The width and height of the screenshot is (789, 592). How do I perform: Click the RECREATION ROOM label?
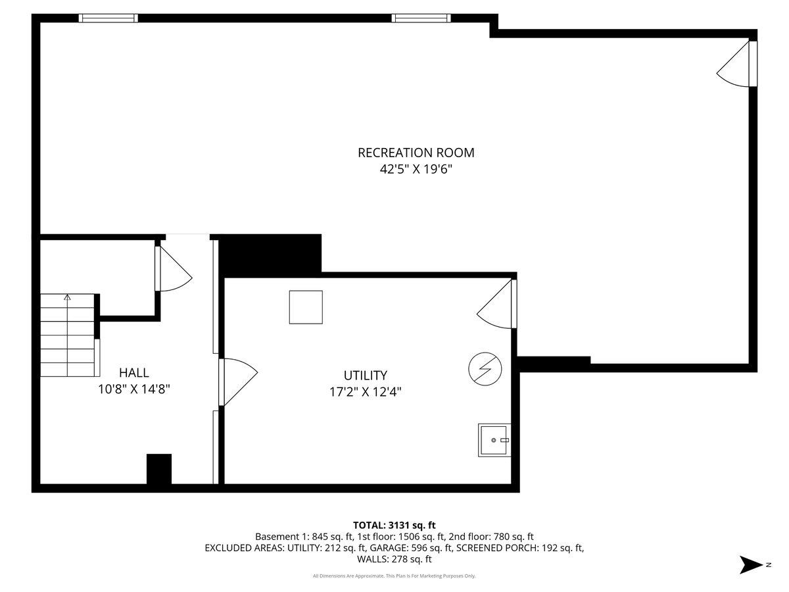tap(416, 153)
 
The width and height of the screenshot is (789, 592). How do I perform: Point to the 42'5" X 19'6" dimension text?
tap(416, 170)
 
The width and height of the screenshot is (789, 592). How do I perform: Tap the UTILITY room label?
tap(365, 376)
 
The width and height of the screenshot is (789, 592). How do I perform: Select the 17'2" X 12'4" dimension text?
tap(365, 392)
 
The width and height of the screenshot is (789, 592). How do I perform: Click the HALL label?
tap(133, 372)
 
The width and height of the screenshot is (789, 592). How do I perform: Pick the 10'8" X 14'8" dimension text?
tap(134, 389)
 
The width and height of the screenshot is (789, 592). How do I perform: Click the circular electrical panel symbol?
tap(485, 370)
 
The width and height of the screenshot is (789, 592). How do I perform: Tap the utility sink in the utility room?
tap(494, 440)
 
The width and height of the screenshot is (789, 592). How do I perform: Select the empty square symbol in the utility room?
tap(306, 307)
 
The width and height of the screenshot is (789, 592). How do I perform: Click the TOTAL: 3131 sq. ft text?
tap(394, 525)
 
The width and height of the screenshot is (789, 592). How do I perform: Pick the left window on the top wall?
tap(108, 18)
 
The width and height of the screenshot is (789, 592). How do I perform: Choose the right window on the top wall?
tap(421, 18)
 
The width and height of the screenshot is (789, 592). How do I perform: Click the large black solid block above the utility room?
tap(270, 254)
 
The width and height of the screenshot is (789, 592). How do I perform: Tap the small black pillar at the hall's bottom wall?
tap(158, 469)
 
